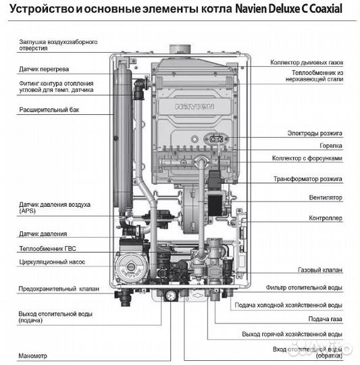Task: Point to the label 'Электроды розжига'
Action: (315, 132)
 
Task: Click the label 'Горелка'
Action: (330, 145)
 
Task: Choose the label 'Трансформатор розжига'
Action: (307, 179)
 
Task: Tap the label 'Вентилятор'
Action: (325, 197)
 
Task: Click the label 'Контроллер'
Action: (325, 218)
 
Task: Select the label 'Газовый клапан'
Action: (319, 270)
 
